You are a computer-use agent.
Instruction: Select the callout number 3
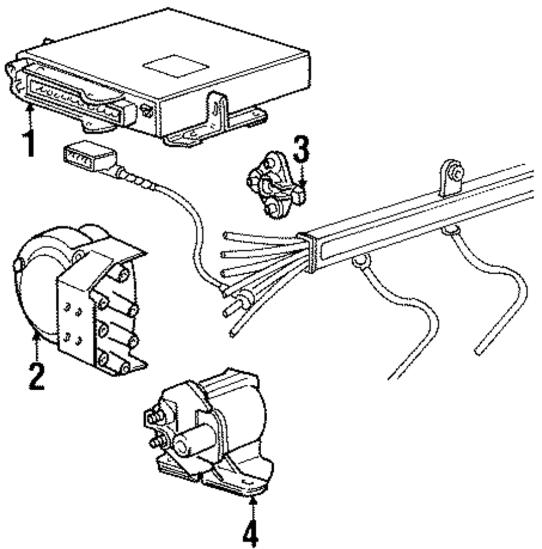(x=301, y=149)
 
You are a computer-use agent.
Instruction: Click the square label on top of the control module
(x=176, y=66)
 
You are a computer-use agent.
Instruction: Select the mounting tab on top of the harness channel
(x=450, y=177)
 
